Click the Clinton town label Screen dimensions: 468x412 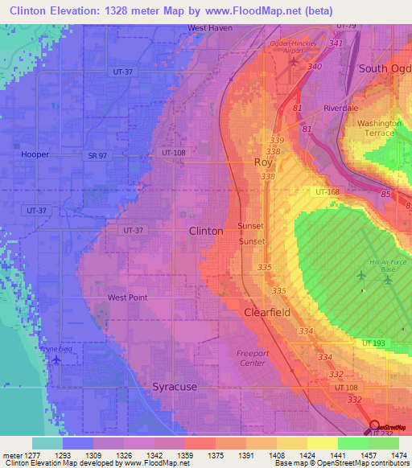(x=205, y=231)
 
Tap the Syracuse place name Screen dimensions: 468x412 (x=175, y=387)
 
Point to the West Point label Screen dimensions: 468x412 (x=127, y=298)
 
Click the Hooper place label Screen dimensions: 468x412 (x=35, y=154)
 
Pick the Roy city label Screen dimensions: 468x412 (x=264, y=162)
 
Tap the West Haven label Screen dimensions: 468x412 (x=209, y=27)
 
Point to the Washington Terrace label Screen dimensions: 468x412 (x=379, y=129)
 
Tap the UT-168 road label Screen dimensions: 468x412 (x=328, y=192)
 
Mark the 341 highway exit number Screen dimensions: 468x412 (x=336, y=43)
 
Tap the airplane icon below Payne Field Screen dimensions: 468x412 (x=56, y=359)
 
